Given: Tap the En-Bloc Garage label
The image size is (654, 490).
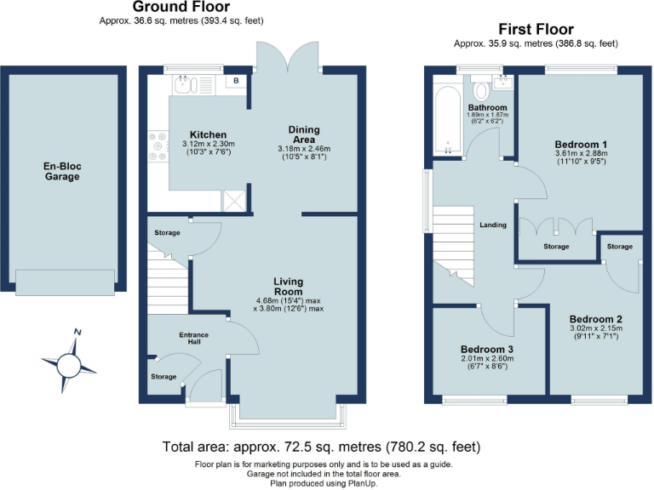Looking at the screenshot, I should tap(61, 171).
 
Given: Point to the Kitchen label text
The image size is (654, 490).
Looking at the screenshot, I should tap(208, 134).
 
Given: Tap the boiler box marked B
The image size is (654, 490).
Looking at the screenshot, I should tap(235, 83).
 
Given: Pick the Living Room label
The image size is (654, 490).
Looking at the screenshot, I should tap(289, 287).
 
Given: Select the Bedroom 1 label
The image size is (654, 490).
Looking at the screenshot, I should tap(579, 144).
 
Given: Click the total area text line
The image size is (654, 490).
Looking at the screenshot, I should tap(322, 447).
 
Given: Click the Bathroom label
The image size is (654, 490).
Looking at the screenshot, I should tap(487, 107).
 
